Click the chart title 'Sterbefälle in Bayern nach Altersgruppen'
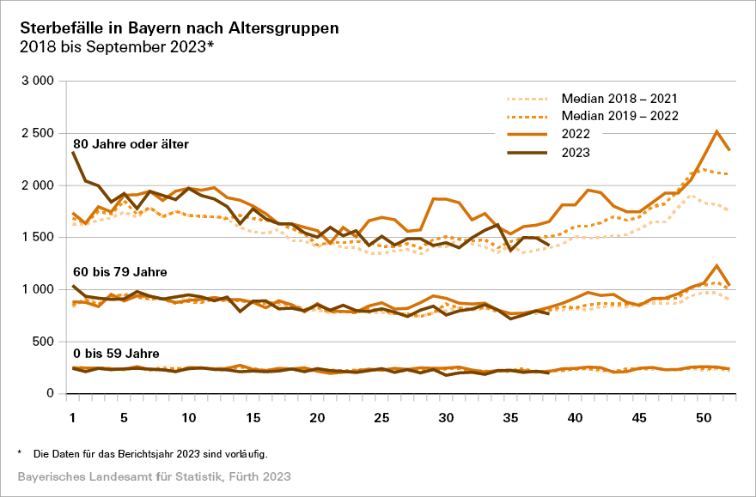(x=179, y=27)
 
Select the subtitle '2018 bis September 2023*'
(x=116, y=46)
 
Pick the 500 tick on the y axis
(x=44, y=342)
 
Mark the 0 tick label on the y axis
(x=51, y=394)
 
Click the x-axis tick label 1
(x=73, y=416)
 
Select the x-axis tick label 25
(x=381, y=416)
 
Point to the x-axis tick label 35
(x=510, y=416)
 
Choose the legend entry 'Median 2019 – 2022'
(x=619, y=116)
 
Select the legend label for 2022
(x=576, y=134)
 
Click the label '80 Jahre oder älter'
(x=131, y=143)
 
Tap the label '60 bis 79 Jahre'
(x=119, y=272)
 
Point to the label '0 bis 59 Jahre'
(x=116, y=353)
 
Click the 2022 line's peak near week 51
(x=716, y=131)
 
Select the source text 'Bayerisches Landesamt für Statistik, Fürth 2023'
(x=154, y=476)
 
